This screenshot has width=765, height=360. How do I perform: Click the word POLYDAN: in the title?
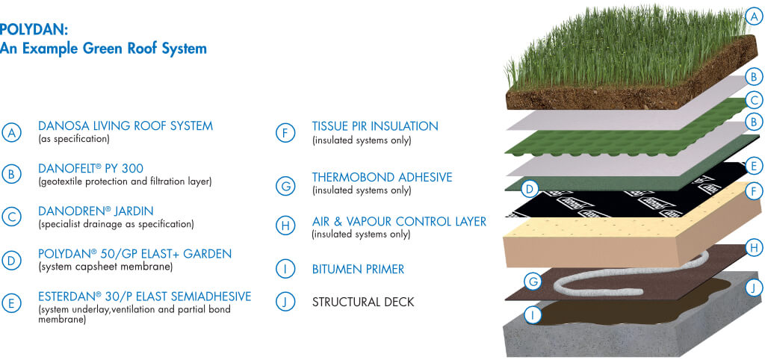(x=33, y=30)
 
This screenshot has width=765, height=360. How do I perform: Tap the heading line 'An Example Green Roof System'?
(x=103, y=49)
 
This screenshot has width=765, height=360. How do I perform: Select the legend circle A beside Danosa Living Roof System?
(x=11, y=132)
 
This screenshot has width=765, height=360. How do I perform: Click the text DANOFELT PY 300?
(x=90, y=169)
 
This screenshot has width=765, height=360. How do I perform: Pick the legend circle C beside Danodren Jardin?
(x=11, y=217)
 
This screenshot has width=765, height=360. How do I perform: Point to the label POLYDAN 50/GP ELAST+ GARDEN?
(x=134, y=254)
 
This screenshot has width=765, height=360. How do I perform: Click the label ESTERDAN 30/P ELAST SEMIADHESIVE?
(x=145, y=297)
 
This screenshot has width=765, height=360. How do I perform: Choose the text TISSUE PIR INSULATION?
(x=375, y=126)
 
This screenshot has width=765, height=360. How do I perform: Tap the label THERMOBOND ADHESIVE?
(x=382, y=177)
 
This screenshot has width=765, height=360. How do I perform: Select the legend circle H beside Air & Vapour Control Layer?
(x=285, y=226)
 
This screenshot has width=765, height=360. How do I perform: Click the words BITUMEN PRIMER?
(x=358, y=270)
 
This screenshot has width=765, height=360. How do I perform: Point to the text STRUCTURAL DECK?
(x=363, y=302)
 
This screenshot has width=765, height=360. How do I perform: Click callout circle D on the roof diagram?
(x=530, y=188)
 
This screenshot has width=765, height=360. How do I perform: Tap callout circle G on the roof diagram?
(x=533, y=281)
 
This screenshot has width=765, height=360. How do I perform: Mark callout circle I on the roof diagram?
(x=533, y=315)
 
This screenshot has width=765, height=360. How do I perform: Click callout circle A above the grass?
(x=754, y=18)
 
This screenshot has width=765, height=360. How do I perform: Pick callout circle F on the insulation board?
(x=754, y=192)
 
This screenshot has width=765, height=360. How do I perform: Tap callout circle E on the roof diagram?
(x=754, y=167)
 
